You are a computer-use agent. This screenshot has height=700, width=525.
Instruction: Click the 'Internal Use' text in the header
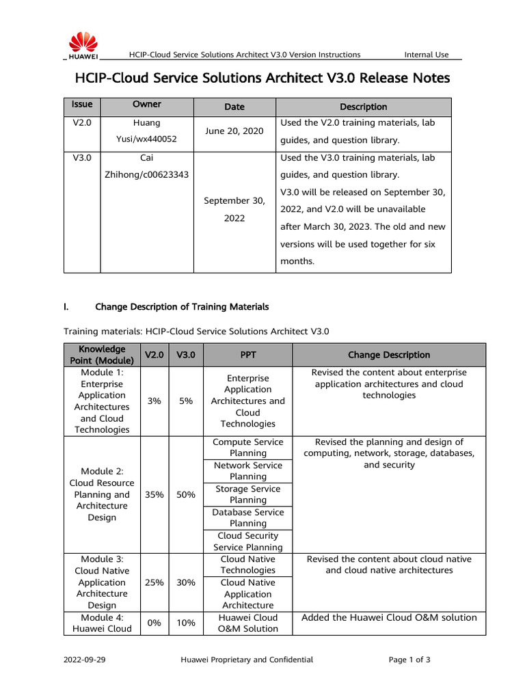tap(427, 55)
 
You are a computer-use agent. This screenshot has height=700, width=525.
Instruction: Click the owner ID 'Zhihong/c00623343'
tap(147, 174)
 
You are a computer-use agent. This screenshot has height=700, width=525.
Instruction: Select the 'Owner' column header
tap(147, 105)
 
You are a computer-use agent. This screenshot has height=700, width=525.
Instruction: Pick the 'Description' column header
tap(363, 107)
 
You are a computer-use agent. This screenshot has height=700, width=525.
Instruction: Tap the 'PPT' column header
tap(247, 355)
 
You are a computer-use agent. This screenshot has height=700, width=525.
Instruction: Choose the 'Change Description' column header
tap(389, 355)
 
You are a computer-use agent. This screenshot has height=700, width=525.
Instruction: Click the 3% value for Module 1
tap(153, 401)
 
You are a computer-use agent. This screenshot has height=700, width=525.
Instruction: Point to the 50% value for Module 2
tap(186, 494)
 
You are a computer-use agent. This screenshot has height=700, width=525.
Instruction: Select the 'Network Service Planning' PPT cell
tap(247, 471)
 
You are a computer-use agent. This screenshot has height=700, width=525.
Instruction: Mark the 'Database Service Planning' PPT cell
tap(247, 517)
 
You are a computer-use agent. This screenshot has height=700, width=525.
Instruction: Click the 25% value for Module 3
tap(153, 582)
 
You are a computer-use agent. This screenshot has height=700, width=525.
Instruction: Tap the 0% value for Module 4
tap(153, 623)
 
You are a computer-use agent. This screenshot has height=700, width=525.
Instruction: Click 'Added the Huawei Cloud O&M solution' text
tap(389, 617)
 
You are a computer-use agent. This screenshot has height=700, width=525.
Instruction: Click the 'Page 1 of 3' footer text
tap(409, 660)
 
